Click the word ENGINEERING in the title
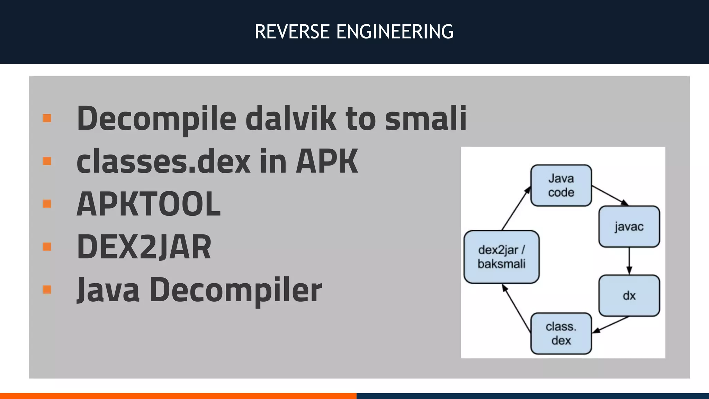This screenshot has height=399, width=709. pyautogui.click(x=395, y=32)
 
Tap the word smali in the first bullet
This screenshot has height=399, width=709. pyautogui.click(x=425, y=118)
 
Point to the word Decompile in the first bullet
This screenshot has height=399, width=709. pyautogui.click(x=156, y=118)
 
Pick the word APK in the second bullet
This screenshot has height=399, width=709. pyautogui.click(x=327, y=161)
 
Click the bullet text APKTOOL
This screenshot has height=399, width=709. pyautogui.click(x=148, y=204)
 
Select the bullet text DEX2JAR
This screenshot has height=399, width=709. pyautogui.click(x=144, y=247)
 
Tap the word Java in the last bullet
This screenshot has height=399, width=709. pyautogui.click(x=108, y=290)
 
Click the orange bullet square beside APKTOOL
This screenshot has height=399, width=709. pyautogui.click(x=47, y=204)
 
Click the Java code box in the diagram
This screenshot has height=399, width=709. pyautogui.click(x=561, y=186)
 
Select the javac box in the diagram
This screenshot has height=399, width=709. pyautogui.click(x=629, y=227)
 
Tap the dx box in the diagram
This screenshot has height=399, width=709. pyautogui.click(x=629, y=296)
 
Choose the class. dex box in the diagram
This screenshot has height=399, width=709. pyautogui.click(x=561, y=334)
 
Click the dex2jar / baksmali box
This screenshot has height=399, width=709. pyautogui.click(x=502, y=257)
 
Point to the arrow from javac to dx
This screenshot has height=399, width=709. pyautogui.click(x=629, y=261)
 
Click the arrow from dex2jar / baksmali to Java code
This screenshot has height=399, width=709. pyautogui.click(x=516, y=209)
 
